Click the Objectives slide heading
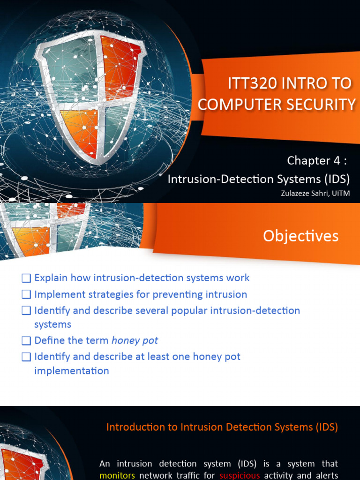[300, 236]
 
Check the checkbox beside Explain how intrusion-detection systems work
[26, 278]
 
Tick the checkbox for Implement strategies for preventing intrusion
[26, 295]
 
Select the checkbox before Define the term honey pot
[26, 341]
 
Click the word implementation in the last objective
[72, 371]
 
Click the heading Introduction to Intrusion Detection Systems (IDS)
[222, 427]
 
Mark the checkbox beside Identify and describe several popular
[26, 311]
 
